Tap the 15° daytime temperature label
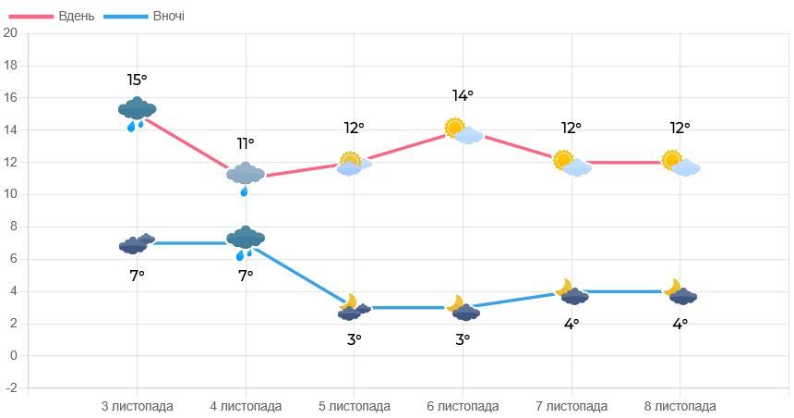137,80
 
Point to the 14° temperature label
463,95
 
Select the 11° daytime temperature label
245,143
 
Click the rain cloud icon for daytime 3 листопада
137,112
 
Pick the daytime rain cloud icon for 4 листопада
246,176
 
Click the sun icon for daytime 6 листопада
454,128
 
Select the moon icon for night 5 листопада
349,301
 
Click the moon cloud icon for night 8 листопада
680,293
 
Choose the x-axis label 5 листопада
355,406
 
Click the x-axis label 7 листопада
571,406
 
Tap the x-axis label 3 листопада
137,406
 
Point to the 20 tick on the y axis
11,33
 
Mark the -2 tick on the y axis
11,388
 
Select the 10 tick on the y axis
11,194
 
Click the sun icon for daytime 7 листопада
563,160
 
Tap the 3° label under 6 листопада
463,339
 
